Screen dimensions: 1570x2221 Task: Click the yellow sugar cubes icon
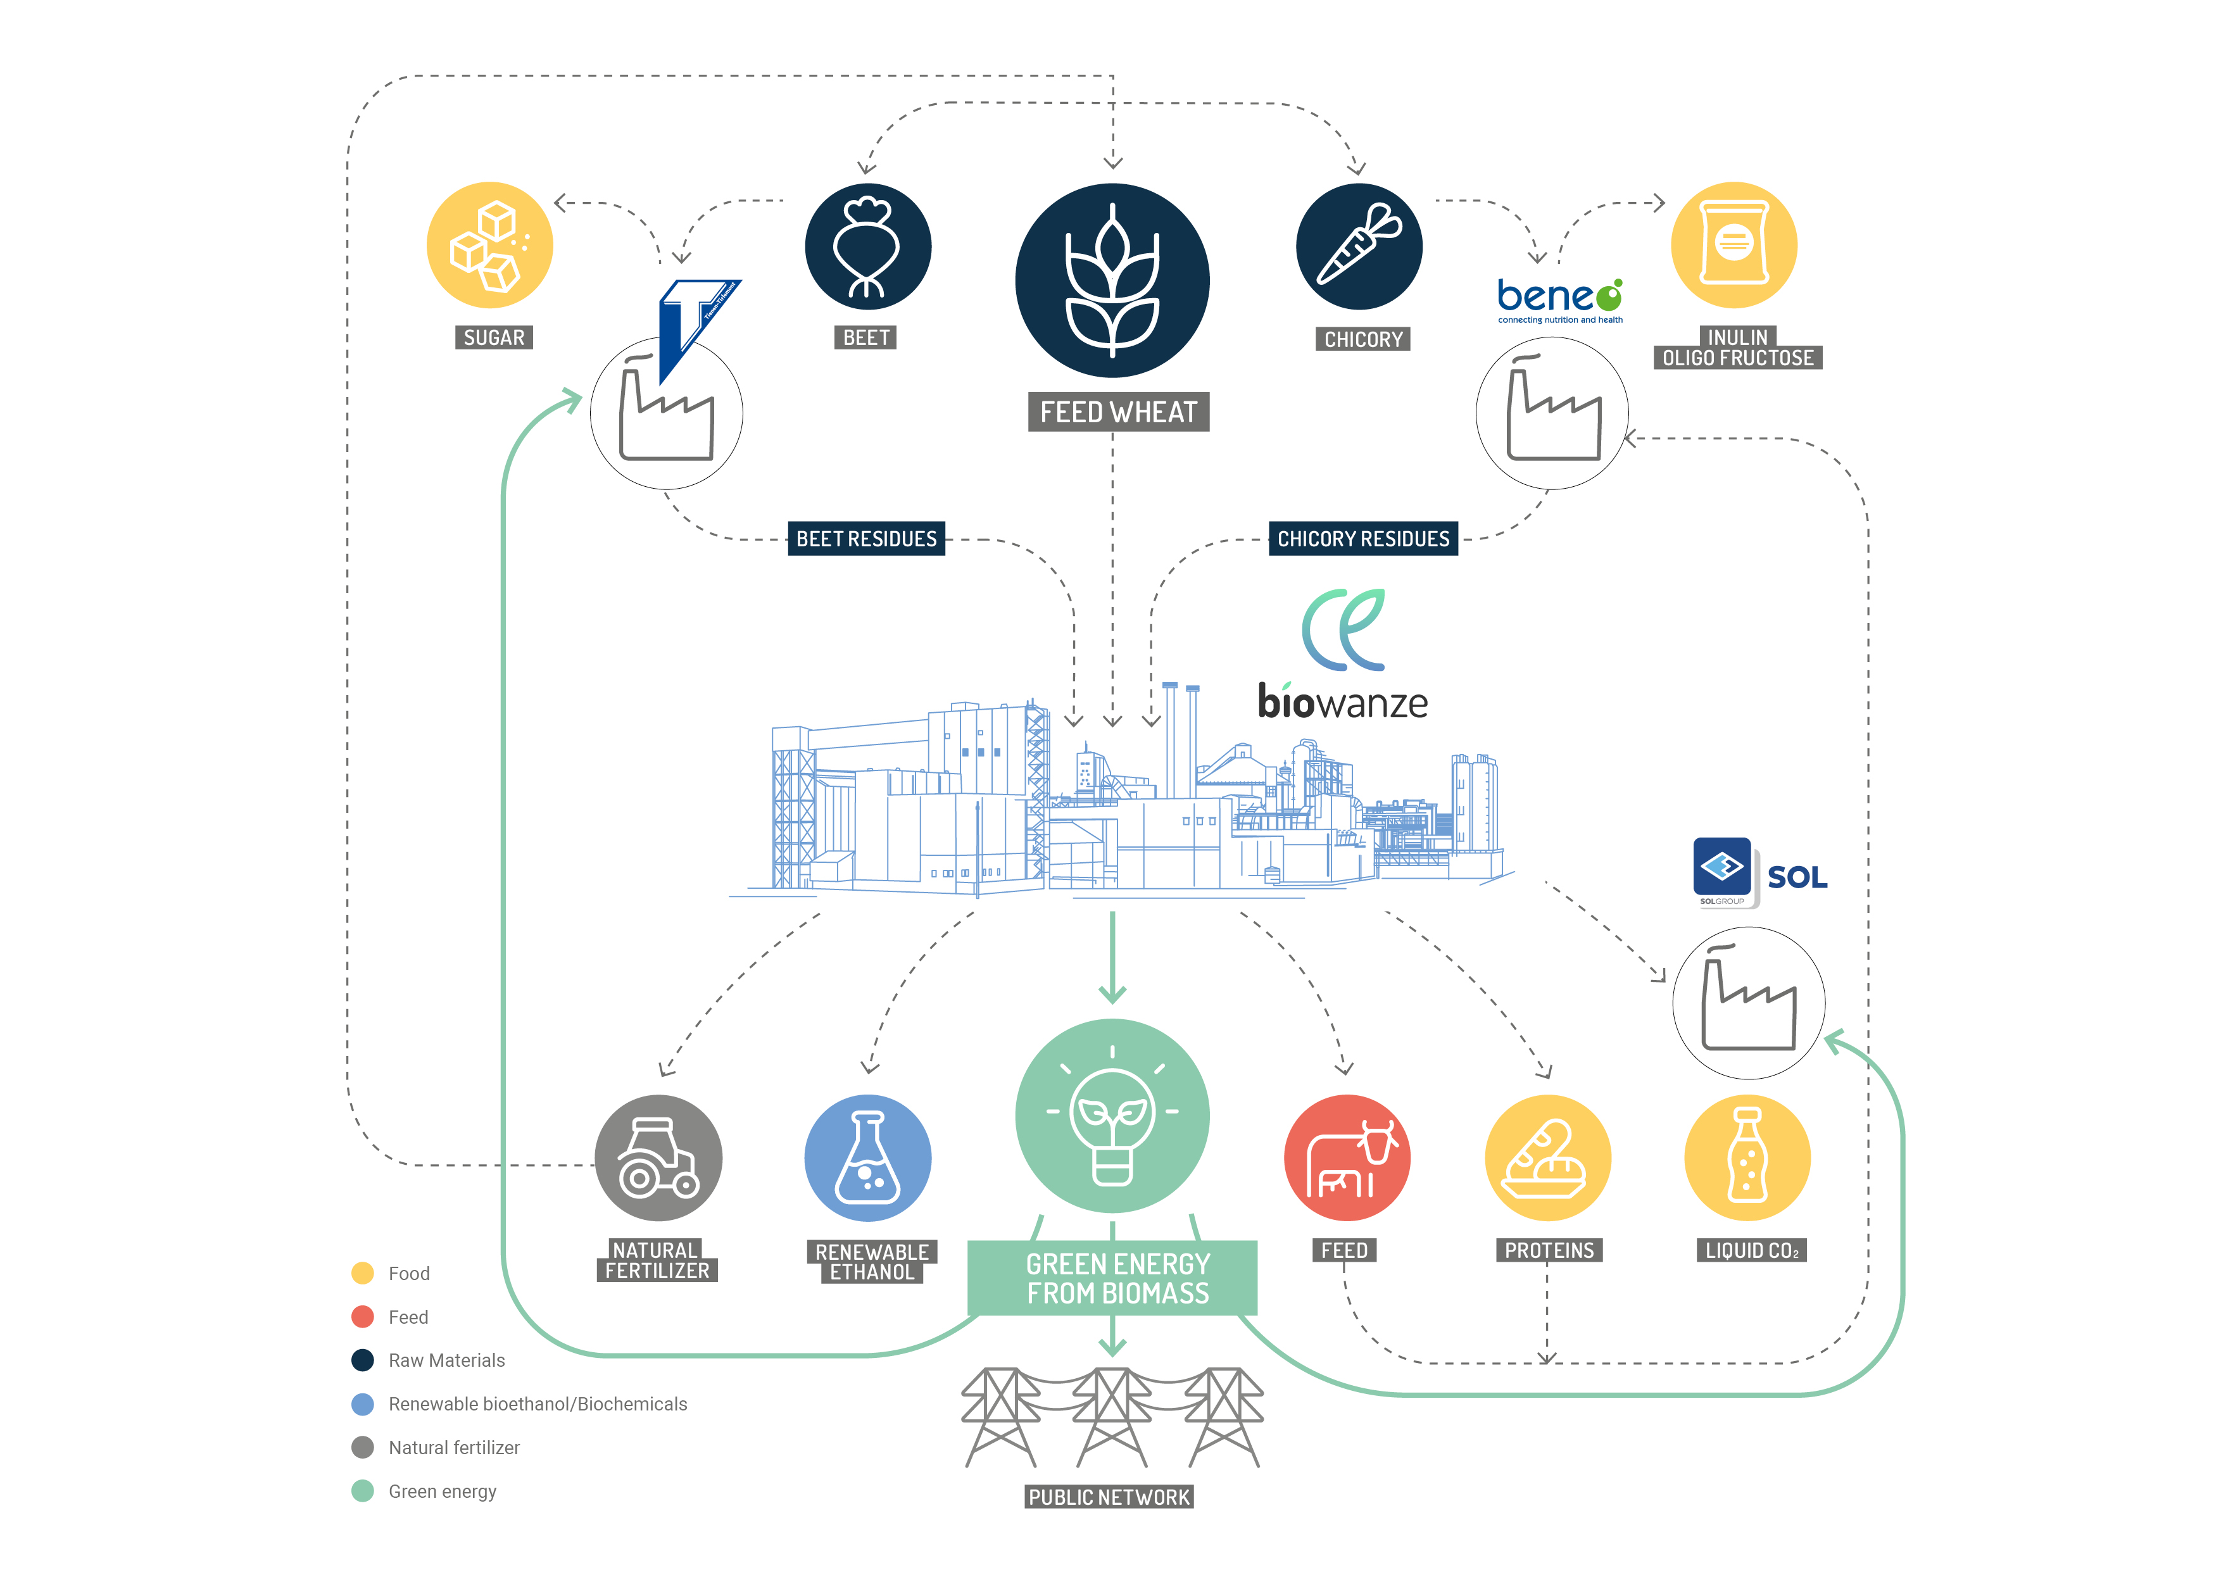[x=489, y=245]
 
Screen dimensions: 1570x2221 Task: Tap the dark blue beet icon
[x=868, y=247]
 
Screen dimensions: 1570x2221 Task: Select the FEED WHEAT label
[x=1118, y=412]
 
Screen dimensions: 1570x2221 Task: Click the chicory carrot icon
[x=1359, y=247]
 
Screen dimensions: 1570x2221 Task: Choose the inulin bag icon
[x=1733, y=245]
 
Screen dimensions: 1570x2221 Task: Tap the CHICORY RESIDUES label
[x=1363, y=539]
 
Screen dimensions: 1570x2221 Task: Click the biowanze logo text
[x=1343, y=702]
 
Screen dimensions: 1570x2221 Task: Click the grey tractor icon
[x=658, y=1158]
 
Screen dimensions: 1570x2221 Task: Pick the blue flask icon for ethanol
[x=868, y=1158]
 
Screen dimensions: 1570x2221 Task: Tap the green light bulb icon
[x=1112, y=1115]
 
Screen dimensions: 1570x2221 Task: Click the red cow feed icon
[x=1347, y=1158]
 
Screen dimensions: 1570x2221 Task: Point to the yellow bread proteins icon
[x=1548, y=1158]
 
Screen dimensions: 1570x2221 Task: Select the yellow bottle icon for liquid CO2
[x=1747, y=1158]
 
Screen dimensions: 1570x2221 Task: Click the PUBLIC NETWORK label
[x=1109, y=1497]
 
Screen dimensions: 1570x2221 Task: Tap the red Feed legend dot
[x=363, y=1317]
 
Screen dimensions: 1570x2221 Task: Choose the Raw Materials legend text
[x=446, y=1360]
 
